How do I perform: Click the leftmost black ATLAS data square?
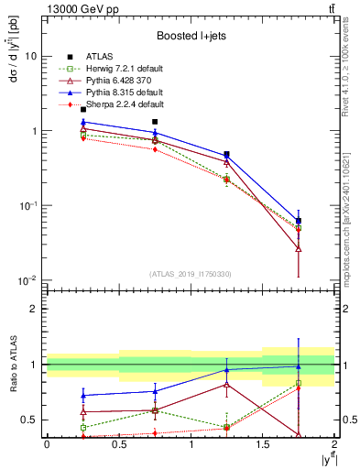coord(82,110)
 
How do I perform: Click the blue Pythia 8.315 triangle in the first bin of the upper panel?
coord(82,122)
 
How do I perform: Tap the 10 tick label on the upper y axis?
coord(30,56)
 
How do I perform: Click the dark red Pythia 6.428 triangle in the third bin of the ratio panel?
coord(226,384)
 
